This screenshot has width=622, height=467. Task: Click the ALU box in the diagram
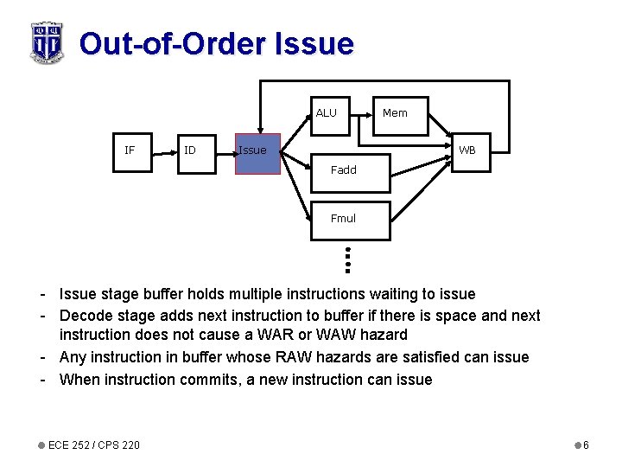(x=329, y=116)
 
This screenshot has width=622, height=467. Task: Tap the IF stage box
(x=130, y=150)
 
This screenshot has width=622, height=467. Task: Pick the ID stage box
(x=190, y=150)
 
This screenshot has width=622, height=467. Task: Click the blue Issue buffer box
(x=258, y=154)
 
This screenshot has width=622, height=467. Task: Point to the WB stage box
(x=467, y=150)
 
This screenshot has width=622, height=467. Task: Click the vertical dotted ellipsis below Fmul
(x=345, y=257)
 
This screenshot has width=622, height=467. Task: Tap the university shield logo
(x=47, y=42)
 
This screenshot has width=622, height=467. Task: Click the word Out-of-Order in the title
(x=173, y=43)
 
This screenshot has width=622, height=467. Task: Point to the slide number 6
(x=586, y=445)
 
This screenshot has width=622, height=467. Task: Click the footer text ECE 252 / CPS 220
(x=94, y=445)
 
